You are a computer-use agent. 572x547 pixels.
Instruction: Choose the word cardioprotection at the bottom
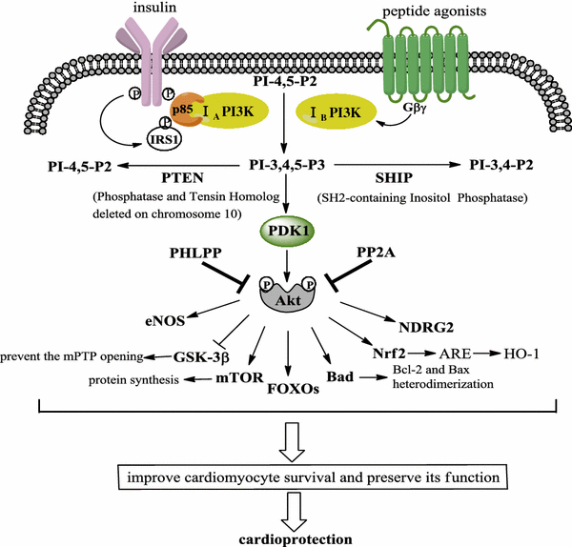286,537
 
